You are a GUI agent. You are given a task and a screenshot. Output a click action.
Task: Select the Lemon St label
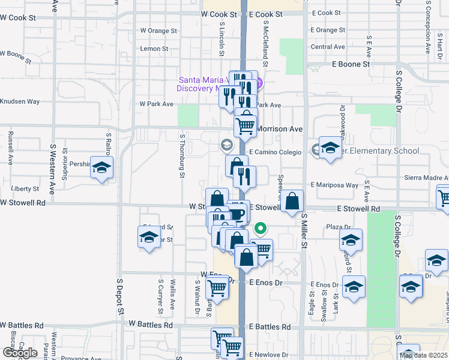click(154, 49)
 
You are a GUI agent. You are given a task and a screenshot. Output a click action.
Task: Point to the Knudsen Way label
click(20, 101)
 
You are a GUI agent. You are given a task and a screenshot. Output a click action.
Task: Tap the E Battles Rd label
click(270, 327)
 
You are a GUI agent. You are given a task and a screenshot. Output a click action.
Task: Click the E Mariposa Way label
click(334, 185)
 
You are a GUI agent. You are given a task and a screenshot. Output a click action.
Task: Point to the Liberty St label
click(25, 189)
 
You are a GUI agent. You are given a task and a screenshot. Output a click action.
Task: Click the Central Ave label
click(328, 47)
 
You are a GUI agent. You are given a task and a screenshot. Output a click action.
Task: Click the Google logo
click(20, 352)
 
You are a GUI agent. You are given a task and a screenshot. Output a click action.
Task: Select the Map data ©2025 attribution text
click(423, 355)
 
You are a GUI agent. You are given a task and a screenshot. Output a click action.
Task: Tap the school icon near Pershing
click(101, 167)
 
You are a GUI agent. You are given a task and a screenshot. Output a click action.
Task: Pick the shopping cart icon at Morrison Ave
click(244, 125)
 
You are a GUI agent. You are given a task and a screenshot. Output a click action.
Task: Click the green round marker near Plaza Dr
click(261, 228)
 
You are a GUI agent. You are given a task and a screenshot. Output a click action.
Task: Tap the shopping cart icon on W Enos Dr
click(217, 287)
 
